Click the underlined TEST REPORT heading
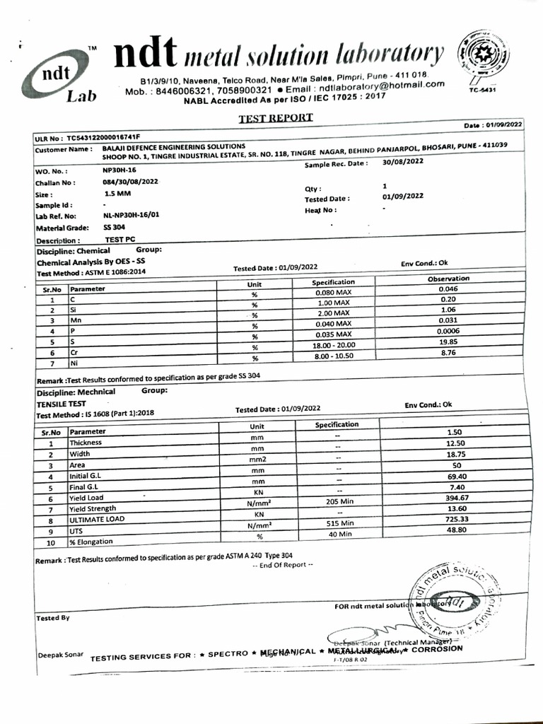pos(275,118)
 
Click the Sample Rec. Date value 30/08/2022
pos(402,162)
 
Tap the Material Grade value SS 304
pos(114,227)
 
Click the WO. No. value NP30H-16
pos(119,170)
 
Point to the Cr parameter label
pos(74,351)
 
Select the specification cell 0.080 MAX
pos(332,291)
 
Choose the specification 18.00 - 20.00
pos(332,344)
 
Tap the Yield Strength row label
pos(93,508)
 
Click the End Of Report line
pos(281,565)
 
